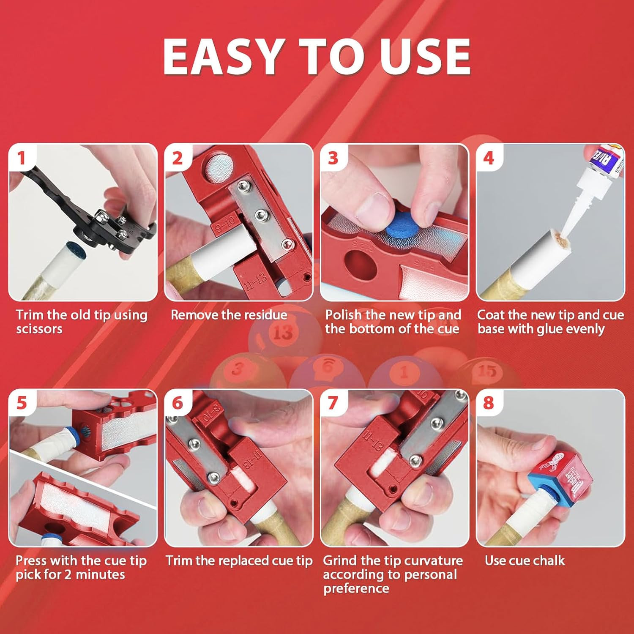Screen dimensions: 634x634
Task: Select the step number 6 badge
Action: click(x=177, y=403)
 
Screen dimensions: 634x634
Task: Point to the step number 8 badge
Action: click(x=488, y=403)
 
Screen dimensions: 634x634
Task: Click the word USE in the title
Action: click(x=425, y=57)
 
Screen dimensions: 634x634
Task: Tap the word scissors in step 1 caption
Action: click(x=39, y=329)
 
